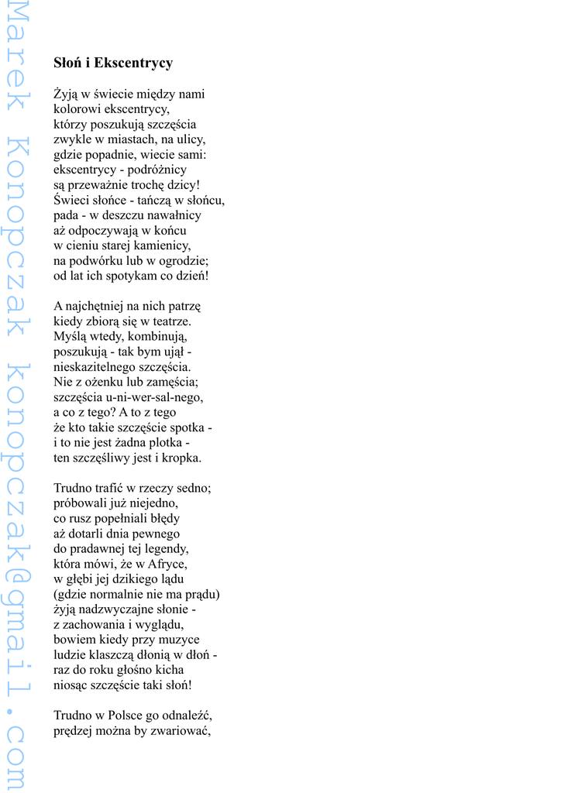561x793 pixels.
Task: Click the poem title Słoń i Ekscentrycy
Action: (113, 63)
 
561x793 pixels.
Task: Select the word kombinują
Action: (153, 337)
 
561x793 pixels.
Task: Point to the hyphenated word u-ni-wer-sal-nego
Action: (155, 397)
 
